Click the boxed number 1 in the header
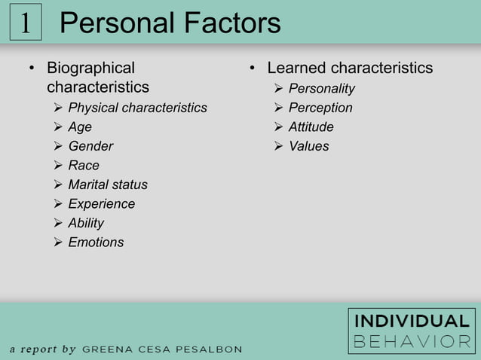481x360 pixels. (x=25, y=23)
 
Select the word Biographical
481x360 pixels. (x=90, y=69)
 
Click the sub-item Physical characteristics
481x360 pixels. (x=137, y=108)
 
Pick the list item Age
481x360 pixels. (x=80, y=127)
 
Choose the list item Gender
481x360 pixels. (x=90, y=146)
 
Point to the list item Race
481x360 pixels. (x=84, y=166)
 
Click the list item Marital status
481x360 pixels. (x=108, y=185)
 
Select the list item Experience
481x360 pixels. (x=102, y=204)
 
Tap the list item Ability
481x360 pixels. (x=86, y=223)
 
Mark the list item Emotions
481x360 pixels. (x=96, y=243)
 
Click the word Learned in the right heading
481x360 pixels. (x=296, y=69)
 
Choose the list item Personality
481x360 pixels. (x=321, y=89)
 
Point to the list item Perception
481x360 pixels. (x=320, y=108)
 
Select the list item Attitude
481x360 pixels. (x=311, y=127)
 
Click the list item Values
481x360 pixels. (x=308, y=146)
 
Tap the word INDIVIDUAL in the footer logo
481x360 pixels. (x=412, y=321)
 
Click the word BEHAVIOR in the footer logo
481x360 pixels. (x=412, y=341)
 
